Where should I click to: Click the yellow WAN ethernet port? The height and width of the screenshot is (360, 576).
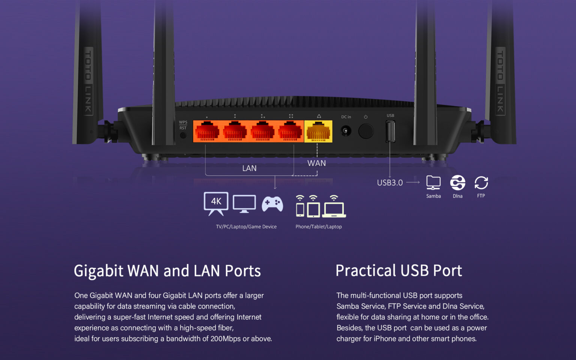tap(318, 132)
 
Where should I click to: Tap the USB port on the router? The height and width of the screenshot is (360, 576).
tap(390, 132)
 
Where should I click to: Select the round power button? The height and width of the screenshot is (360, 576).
tap(366, 131)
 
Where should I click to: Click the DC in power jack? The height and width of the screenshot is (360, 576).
tap(346, 131)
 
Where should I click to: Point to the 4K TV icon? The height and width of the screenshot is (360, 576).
tap(216, 202)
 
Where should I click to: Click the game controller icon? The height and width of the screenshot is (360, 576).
tap(272, 204)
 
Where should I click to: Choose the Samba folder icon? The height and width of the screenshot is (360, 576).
tap(433, 183)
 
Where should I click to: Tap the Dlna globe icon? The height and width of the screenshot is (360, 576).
tap(457, 183)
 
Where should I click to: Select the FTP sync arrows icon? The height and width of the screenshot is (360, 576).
tap(481, 183)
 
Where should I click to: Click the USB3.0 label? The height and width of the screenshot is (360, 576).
tap(390, 183)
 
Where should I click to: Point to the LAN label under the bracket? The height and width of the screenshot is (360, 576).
tap(249, 168)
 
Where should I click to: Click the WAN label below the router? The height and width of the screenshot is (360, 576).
tap(316, 163)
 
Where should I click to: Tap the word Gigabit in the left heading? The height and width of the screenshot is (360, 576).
tap(98, 271)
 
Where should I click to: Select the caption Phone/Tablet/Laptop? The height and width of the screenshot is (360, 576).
tap(318, 226)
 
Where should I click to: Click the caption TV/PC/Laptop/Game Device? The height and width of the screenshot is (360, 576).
tap(246, 226)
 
